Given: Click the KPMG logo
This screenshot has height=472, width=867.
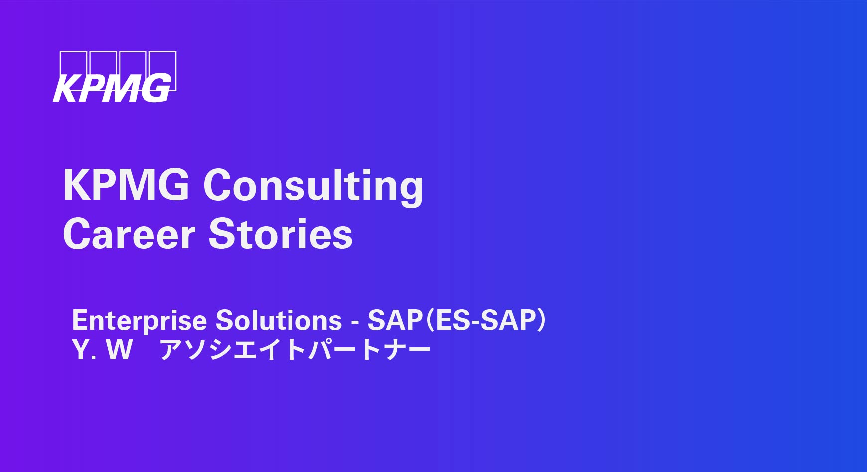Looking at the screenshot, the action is [x=115, y=77].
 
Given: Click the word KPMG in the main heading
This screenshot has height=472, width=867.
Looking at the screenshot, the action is [x=126, y=185].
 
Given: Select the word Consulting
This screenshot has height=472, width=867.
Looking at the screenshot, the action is [x=313, y=187].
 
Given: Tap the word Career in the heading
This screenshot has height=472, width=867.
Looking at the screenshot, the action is [x=129, y=234].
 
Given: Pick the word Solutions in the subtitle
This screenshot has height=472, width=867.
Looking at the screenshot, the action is [x=279, y=320].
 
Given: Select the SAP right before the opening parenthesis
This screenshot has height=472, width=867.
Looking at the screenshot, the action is [x=395, y=320].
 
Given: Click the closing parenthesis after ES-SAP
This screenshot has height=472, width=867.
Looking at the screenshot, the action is [x=542, y=321].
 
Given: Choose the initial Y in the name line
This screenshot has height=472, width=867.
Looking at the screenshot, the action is [x=80, y=349].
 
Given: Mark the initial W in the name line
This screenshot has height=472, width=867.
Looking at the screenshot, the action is [x=119, y=349].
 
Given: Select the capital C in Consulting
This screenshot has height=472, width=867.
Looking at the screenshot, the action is [x=219, y=185].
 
